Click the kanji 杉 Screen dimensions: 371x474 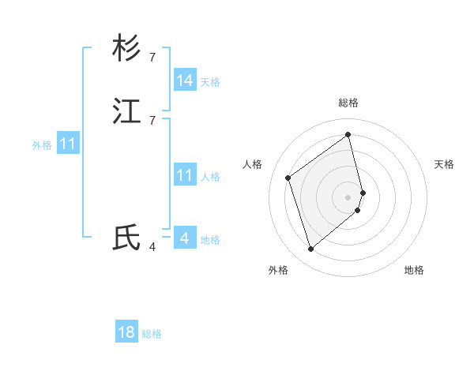point(126,49)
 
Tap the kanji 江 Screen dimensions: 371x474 point(126,112)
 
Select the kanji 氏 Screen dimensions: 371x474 point(126,238)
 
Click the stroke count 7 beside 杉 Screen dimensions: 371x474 point(152,57)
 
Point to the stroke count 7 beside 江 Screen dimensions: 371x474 point(152,120)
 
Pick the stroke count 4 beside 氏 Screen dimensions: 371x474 point(152,246)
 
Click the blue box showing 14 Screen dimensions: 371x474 point(185,81)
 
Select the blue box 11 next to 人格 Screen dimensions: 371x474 point(185,175)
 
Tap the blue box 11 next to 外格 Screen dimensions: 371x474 point(68,144)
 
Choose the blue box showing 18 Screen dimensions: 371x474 point(126,332)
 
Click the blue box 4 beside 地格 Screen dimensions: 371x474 point(185,238)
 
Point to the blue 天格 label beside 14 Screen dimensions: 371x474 point(210,81)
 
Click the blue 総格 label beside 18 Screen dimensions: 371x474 point(152,334)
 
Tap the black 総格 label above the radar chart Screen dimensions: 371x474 point(348,103)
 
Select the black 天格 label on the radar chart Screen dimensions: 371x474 point(444,164)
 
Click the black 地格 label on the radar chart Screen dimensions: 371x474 point(414,270)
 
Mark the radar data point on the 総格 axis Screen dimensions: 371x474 point(348,134)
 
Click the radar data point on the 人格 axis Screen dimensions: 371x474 point(288,178)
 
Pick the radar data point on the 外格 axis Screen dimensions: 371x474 point(310,249)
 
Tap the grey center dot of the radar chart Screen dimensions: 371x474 point(348,197)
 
